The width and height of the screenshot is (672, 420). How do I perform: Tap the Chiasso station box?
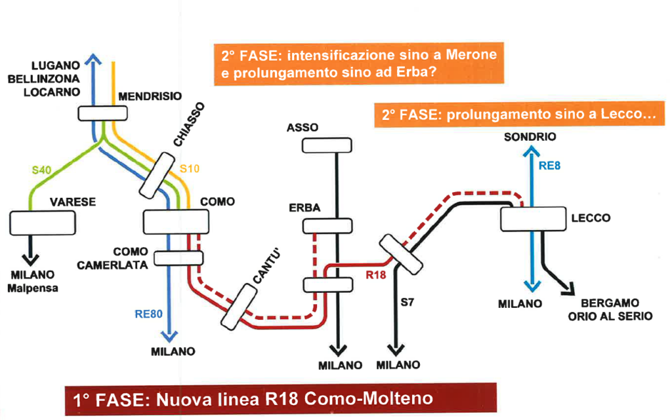click(x=155, y=175)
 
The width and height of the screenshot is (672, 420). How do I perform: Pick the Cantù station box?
click(x=239, y=306)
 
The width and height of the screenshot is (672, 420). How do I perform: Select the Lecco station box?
click(x=532, y=219)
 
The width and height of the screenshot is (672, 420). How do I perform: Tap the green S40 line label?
click(x=41, y=170)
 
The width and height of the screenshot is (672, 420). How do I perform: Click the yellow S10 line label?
click(x=189, y=169)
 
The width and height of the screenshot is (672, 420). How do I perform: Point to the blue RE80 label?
click(x=148, y=314)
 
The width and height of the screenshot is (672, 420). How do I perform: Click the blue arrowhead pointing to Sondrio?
click(x=531, y=151)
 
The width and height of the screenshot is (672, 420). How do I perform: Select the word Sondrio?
click(x=530, y=137)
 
